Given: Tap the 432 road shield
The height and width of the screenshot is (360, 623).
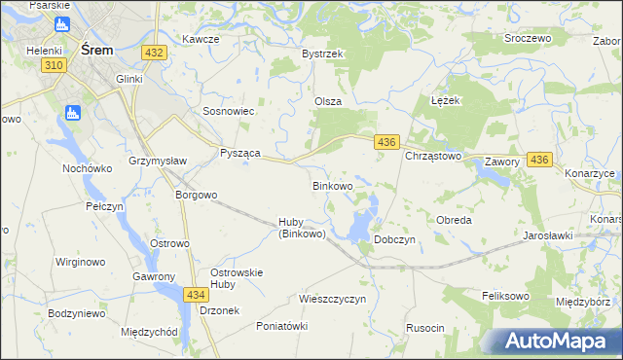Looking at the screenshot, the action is [x=153, y=51].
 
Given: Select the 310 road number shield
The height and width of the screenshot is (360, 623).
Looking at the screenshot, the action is [x=54, y=64].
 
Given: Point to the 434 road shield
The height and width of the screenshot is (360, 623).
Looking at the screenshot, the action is [x=197, y=294].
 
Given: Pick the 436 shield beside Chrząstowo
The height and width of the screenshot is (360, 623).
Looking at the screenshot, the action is [x=386, y=142].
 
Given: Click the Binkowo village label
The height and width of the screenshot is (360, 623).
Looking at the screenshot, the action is [x=332, y=185].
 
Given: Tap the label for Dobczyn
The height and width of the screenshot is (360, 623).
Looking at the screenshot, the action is [x=395, y=239].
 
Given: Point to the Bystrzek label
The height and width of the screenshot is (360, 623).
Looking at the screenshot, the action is [x=323, y=54].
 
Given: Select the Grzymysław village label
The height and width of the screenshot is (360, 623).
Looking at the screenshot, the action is [x=158, y=160].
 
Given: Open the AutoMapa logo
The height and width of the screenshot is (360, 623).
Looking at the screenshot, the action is [x=555, y=341].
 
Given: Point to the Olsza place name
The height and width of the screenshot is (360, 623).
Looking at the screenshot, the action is [x=327, y=101].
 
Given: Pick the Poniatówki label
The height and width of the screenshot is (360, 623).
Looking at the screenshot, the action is [x=281, y=326].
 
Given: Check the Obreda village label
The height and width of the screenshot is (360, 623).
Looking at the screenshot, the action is [x=454, y=220].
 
